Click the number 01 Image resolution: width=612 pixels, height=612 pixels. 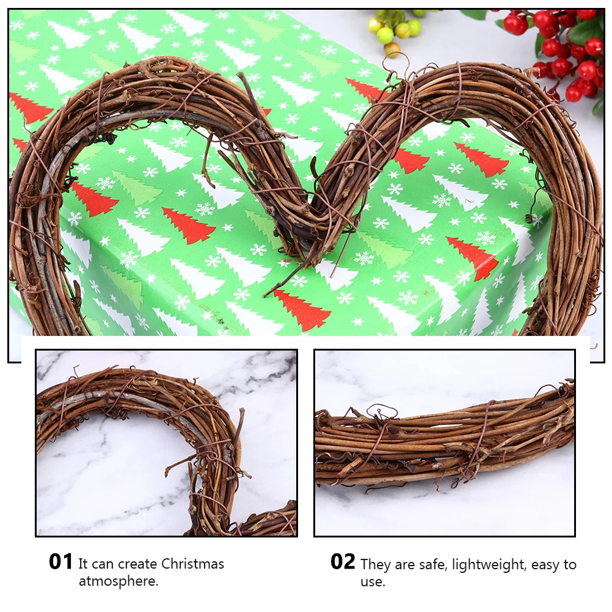pyautogui.click(x=61, y=562)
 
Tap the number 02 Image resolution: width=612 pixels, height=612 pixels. pyautogui.click(x=343, y=562)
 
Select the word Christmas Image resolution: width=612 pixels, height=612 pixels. pyautogui.click(x=193, y=564)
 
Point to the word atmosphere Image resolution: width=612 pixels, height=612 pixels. pyautogui.click(x=118, y=581)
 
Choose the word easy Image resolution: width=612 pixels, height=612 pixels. pyautogui.click(x=547, y=565)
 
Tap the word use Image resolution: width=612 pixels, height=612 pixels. pyautogui.click(x=372, y=581)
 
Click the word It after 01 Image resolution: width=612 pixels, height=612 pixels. pyautogui.click(x=84, y=564)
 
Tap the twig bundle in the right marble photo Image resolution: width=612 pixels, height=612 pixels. pyautogui.click(x=446, y=440)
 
